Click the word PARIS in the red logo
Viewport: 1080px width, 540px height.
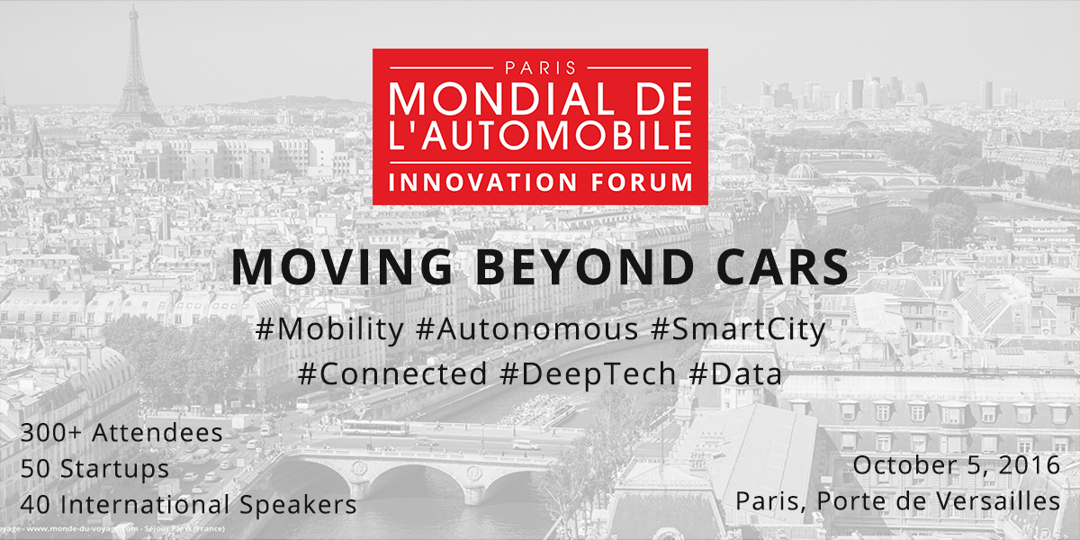click(x=540, y=67)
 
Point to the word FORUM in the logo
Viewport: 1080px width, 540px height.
click(x=642, y=180)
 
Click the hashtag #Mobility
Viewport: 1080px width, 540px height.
click(x=329, y=330)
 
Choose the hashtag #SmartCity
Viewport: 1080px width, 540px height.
click(x=737, y=330)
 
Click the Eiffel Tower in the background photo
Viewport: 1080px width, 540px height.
click(x=135, y=67)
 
